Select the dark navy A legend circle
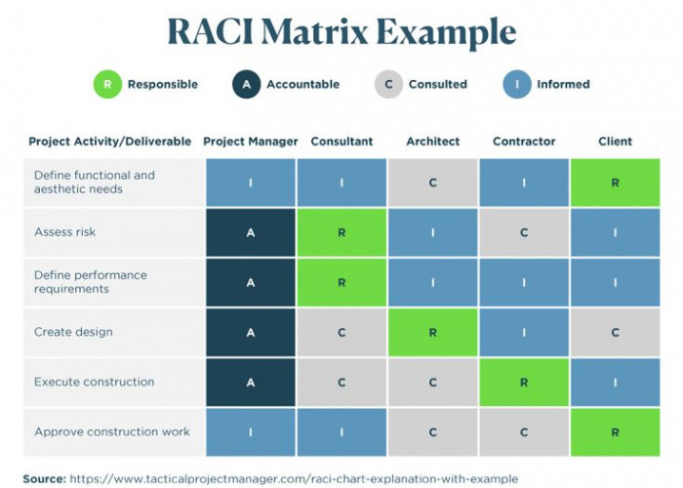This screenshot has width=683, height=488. pyautogui.click(x=246, y=84)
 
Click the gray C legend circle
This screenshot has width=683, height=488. pyautogui.click(x=388, y=84)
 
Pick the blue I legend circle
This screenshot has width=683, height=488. pyautogui.click(x=516, y=84)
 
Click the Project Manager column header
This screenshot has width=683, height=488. pyautogui.click(x=251, y=142)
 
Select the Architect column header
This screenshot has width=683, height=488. pyautogui.click(x=432, y=142)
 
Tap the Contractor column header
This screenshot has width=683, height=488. pyautogui.click(x=524, y=142)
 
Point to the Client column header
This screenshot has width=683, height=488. pyautogui.click(x=615, y=142)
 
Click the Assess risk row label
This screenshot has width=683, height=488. pyautogui.click(x=65, y=232)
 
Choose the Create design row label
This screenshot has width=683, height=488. pyautogui.click(x=73, y=332)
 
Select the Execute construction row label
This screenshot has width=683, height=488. pyautogui.click(x=94, y=382)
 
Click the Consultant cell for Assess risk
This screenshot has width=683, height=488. pyautogui.click(x=341, y=233)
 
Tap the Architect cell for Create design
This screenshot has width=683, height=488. pyautogui.click(x=432, y=333)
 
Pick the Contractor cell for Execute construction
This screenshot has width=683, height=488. pyautogui.click(x=524, y=383)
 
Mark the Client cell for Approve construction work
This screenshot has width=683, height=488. pyautogui.click(x=615, y=432)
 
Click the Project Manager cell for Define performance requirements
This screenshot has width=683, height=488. pyautogui.click(x=251, y=283)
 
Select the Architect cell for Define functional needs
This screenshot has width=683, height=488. pyautogui.click(x=432, y=183)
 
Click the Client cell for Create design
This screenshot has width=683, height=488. pyautogui.click(x=615, y=333)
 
